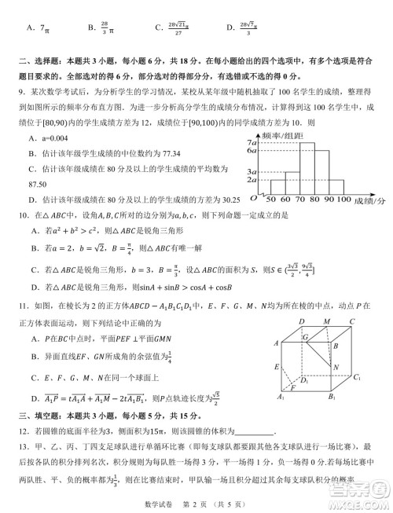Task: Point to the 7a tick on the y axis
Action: pyautogui.click(x=252, y=143)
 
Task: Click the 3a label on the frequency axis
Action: pyautogui.click(x=252, y=171)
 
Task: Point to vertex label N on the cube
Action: pyautogui.click(x=336, y=368)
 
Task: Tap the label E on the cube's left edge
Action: pyautogui.click(x=276, y=367)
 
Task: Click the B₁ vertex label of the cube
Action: pyautogui.click(x=329, y=398)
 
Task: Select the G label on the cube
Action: pyautogui.click(x=304, y=336)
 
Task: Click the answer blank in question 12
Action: pyautogui.click(x=254, y=431)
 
